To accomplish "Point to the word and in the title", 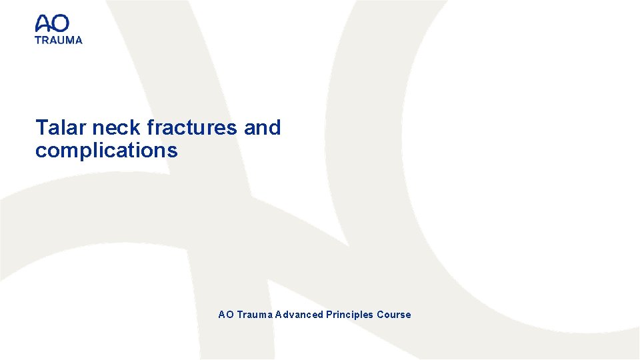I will (262, 127).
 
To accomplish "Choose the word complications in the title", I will (106, 151).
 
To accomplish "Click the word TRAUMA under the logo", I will (59, 40).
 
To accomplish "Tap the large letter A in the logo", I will (43, 24).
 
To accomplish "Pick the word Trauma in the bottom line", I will (253, 315).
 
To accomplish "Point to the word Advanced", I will (299, 315).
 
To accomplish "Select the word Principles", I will (349, 315).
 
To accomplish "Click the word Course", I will (394, 315).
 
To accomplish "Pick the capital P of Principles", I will (329, 315).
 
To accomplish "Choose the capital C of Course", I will (381, 315).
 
